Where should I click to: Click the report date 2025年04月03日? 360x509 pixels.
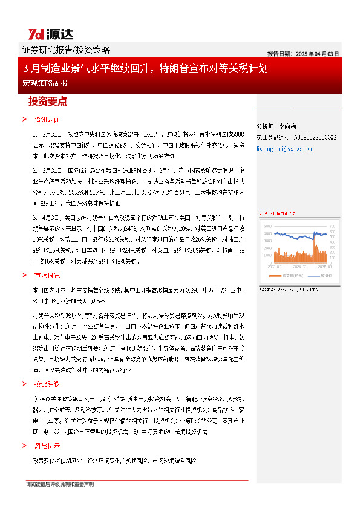coord(303,53)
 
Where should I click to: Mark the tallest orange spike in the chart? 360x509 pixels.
coord(315,238)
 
